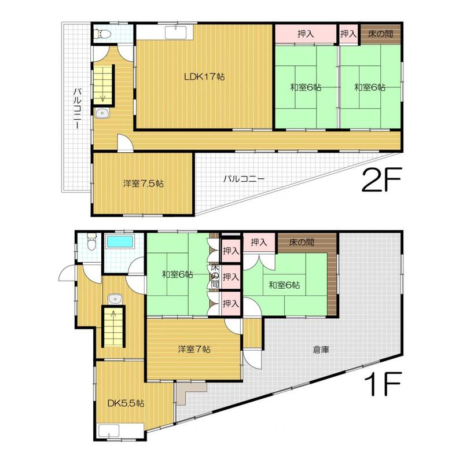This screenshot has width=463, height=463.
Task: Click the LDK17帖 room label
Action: (x=204, y=77)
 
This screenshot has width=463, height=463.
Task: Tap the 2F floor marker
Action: (x=381, y=180)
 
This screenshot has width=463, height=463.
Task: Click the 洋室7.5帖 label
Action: (x=143, y=183)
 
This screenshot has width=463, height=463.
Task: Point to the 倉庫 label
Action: (x=321, y=350)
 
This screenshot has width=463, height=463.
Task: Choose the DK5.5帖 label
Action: (x=126, y=403)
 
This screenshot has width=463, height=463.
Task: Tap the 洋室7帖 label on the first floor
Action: (x=194, y=350)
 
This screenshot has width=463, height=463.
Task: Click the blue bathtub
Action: (x=120, y=241)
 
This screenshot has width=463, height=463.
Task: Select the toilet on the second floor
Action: (x=102, y=35)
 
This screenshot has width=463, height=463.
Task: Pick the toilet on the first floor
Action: (x=92, y=242)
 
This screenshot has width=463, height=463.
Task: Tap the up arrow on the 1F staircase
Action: (x=113, y=316)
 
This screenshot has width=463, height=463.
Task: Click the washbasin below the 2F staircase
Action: (x=102, y=113)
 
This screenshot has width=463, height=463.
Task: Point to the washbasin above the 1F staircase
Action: (x=115, y=299)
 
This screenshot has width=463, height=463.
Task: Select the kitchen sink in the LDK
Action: (x=176, y=32)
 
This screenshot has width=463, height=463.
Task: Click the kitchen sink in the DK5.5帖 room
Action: (x=109, y=431)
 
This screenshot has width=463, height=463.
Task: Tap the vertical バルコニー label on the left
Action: (x=78, y=108)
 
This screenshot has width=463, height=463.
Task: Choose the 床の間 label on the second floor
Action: (x=381, y=34)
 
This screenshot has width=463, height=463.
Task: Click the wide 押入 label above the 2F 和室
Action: (x=306, y=34)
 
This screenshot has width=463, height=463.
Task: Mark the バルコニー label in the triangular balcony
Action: (x=244, y=179)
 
